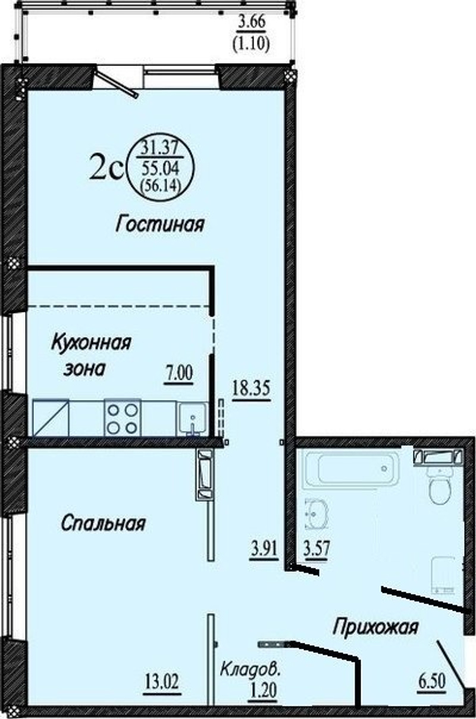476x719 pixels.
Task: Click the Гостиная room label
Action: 160,225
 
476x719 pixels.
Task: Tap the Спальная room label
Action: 103,524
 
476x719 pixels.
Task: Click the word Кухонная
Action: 91,343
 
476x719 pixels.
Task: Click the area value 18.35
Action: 251,389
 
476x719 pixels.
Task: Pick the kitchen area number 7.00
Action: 179,374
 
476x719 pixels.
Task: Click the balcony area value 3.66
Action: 251,23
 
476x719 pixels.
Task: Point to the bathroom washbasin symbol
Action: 316,514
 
